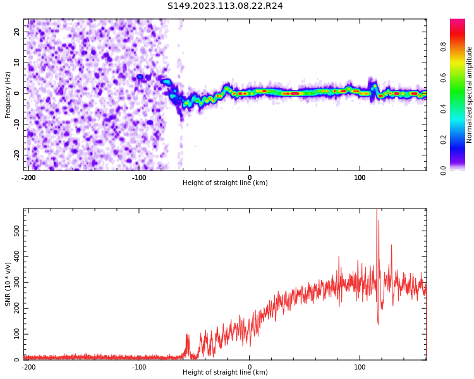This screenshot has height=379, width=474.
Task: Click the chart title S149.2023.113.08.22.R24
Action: pos(225,6)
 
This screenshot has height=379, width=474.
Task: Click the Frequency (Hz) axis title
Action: pos(8,95)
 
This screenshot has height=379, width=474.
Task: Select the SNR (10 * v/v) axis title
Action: pos(8,284)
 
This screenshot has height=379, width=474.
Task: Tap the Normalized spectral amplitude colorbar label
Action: pos(470,95)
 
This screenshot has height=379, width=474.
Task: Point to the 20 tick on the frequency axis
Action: pos(17,32)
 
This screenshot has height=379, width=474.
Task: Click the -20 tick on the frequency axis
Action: pos(16,155)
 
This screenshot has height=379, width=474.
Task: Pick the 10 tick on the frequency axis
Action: pos(17,63)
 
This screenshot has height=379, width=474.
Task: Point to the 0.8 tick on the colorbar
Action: pos(444,47)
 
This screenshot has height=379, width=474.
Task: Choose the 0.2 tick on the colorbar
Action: pos(444,139)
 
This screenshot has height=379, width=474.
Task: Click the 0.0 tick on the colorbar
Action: pos(444,169)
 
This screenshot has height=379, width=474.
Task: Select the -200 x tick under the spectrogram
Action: pos(28,177)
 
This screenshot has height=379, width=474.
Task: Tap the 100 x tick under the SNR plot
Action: pos(360,367)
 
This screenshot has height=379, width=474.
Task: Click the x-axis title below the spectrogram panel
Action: pos(225,183)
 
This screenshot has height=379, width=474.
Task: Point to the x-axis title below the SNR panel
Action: pos(225,373)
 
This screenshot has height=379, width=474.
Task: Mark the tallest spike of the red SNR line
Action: pos(377,210)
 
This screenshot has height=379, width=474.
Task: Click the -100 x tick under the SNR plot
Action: pos(139,367)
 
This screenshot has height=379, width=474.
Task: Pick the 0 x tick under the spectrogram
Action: pos(249,177)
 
